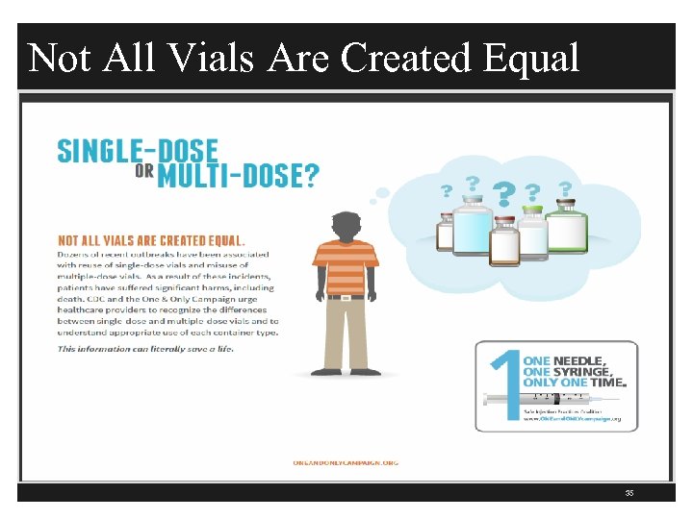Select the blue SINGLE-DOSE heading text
[138, 152]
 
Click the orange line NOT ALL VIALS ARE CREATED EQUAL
[151, 240]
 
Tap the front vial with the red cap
[503, 241]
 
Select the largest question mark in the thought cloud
[502, 195]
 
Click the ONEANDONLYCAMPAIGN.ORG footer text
[346, 462]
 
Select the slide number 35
[629, 494]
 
